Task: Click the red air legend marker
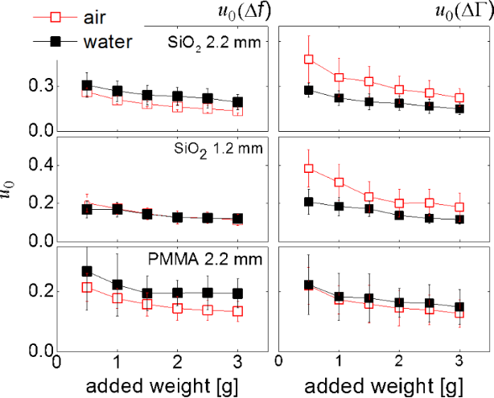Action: coord(28,14)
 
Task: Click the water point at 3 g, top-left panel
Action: coord(238,103)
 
